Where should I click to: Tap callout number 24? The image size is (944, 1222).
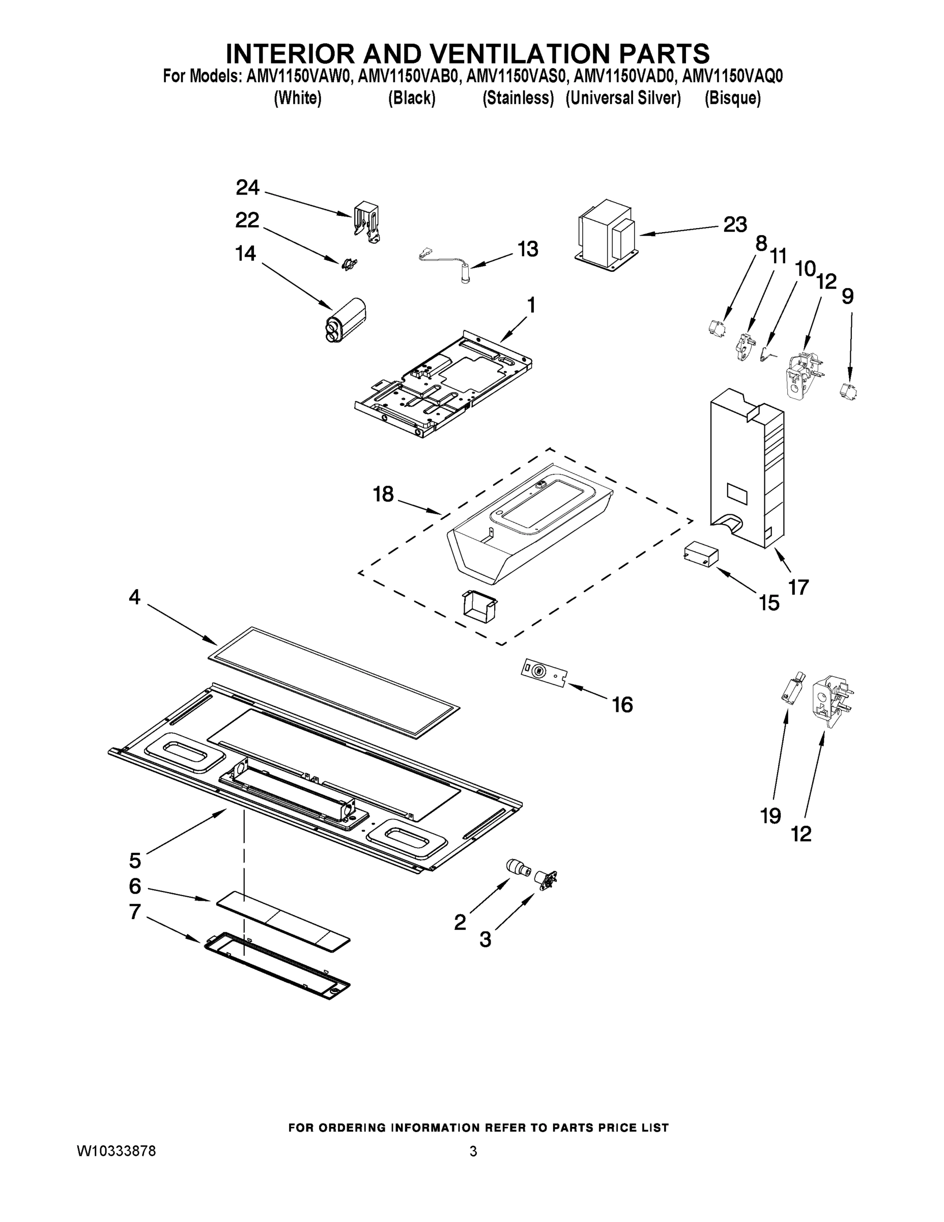247,188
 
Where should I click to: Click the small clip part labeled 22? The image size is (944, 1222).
349,262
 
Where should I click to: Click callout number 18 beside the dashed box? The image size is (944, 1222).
384,494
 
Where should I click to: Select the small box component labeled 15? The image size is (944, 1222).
700,554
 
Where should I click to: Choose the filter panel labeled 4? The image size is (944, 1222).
334,680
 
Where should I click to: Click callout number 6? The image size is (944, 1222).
135,886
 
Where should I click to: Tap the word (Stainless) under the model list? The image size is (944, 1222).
518,98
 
